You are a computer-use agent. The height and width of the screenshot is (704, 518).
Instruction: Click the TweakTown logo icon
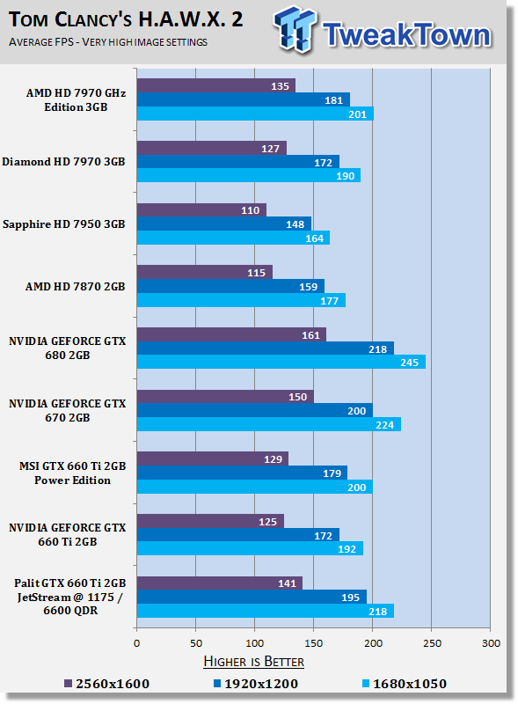pos(295,29)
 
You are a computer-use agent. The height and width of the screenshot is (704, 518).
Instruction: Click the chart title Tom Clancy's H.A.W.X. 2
pos(126,19)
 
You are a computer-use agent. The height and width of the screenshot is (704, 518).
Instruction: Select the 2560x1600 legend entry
pos(106,684)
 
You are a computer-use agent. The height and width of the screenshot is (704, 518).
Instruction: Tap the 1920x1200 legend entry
pos(255,684)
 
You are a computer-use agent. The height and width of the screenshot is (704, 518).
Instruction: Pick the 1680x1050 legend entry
pos(404,684)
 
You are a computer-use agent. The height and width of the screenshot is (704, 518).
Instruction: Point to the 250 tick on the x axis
pos(432,643)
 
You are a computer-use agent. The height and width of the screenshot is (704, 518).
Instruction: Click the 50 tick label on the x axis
pos(196,643)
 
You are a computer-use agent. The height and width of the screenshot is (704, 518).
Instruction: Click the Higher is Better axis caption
pos(253,662)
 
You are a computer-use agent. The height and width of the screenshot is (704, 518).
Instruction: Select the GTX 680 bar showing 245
pos(281,362)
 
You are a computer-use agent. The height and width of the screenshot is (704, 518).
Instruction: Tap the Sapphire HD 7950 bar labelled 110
pos(201,210)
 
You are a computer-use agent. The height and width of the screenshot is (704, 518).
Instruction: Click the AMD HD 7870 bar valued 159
pos(230,287)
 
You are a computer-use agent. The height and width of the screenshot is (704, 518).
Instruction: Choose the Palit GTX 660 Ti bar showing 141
pos(220,583)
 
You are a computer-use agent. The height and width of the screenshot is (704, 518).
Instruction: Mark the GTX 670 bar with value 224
pos(269,424)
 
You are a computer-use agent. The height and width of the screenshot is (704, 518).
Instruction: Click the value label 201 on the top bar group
pos(358,114)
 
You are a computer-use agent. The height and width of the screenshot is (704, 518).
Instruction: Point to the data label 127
pos(271,149)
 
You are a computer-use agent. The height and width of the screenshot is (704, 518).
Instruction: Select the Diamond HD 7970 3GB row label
pos(63,162)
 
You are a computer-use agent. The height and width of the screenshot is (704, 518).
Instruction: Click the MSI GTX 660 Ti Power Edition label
pos(72,473)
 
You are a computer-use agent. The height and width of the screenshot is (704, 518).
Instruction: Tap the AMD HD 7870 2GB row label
pos(75,287)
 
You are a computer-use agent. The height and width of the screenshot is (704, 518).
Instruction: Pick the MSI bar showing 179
pos(242,473)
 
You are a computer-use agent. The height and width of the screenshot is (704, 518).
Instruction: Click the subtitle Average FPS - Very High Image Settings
pos(107,42)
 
